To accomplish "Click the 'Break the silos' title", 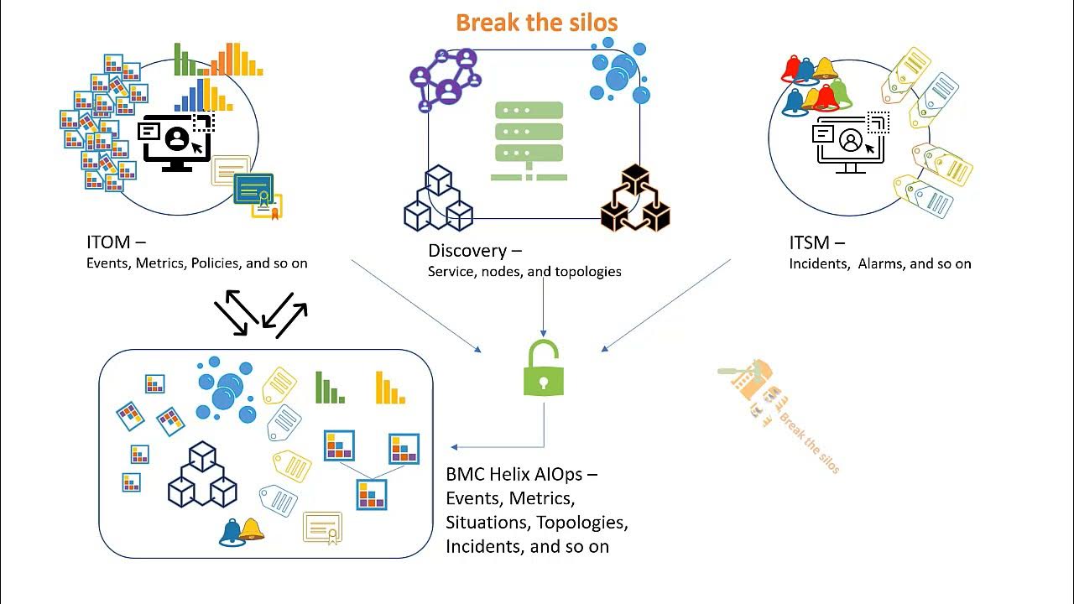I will pyautogui.click(x=537, y=23).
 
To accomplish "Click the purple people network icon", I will pyautogui.click(x=446, y=80).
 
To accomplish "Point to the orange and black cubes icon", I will pyautogui.click(x=635, y=199).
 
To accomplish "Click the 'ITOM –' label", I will pyautogui.click(x=116, y=242).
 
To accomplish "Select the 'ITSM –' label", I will pyautogui.click(x=816, y=242).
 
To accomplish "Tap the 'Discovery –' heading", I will pyautogui.click(x=474, y=250).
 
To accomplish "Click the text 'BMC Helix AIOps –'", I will pyautogui.click(x=521, y=474).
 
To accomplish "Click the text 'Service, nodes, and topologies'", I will pyautogui.click(x=524, y=271).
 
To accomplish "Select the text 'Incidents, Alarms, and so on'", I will pyautogui.click(x=879, y=263).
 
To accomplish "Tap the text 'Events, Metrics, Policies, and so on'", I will pyautogui.click(x=196, y=263).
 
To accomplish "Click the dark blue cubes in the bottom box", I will pyautogui.click(x=202, y=475).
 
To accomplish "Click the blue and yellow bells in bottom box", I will pyautogui.click(x=241, y=531).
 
